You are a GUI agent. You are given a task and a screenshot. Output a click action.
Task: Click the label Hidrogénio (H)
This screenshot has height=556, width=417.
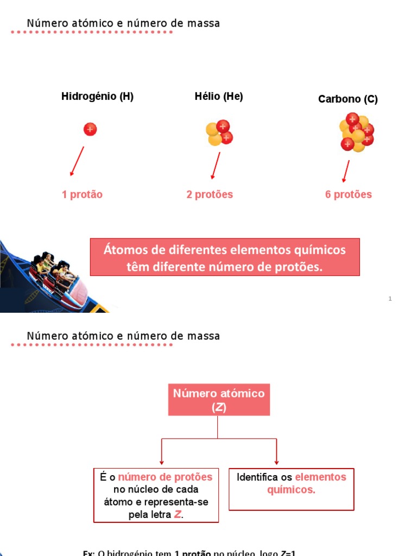pos(97,97)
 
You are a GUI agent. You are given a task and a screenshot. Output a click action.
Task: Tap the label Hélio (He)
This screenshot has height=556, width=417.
pos(219,97)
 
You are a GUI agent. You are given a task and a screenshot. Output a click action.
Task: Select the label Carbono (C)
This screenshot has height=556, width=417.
pos(347,99)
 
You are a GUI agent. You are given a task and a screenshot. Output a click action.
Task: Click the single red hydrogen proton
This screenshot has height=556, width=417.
pos(90,129)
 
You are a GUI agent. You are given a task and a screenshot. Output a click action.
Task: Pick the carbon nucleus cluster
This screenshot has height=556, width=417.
pos(356,132)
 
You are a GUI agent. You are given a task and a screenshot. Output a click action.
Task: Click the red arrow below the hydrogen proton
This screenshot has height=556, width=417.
pos(77,161)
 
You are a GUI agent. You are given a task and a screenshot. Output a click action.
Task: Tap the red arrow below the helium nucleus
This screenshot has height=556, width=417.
pos(216,165)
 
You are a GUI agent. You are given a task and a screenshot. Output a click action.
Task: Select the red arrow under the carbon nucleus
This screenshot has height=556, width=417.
pos(345,172)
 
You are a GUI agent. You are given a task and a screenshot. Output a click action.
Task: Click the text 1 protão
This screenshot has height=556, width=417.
pos(82,194)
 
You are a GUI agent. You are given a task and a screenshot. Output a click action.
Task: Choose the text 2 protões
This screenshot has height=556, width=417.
pos(210,194)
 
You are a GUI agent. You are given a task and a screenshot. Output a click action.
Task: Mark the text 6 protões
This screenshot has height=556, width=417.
pos(349,194)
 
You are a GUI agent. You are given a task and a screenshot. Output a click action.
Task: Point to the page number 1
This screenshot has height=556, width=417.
pos(390,299)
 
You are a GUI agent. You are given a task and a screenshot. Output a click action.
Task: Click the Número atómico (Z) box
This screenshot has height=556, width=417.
pos(219,400)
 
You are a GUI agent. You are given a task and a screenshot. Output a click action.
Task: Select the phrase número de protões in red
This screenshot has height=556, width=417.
pos(165,477)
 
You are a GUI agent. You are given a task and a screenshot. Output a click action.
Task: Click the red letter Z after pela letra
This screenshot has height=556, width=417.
pos(178,515)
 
